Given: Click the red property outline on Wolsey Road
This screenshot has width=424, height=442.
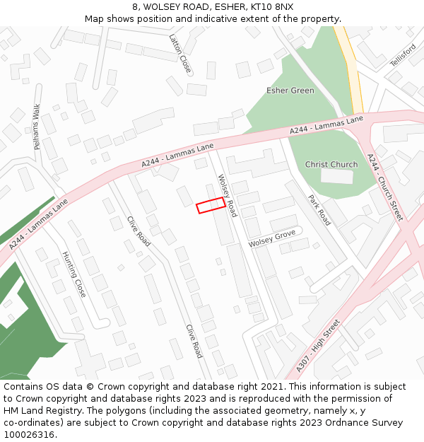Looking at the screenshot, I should (x=211, y=205).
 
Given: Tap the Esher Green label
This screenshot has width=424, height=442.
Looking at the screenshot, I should (x=290, y=91).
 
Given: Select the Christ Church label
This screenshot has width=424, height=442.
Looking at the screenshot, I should (x=331, y=165).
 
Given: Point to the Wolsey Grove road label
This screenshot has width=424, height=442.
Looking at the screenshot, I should (x=272, y=238).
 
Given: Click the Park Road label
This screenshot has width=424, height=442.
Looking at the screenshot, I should (x=319, y=210).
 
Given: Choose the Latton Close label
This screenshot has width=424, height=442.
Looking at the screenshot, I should (x=180, y=54).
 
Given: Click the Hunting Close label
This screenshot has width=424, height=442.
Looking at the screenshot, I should (x=73, y=274).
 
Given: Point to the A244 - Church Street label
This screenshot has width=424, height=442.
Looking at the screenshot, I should (x=385, y=187).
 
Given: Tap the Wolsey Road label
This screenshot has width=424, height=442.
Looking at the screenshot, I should (x=227, y=195).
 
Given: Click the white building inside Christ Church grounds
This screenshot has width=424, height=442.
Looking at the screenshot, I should (x=336, y=176).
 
